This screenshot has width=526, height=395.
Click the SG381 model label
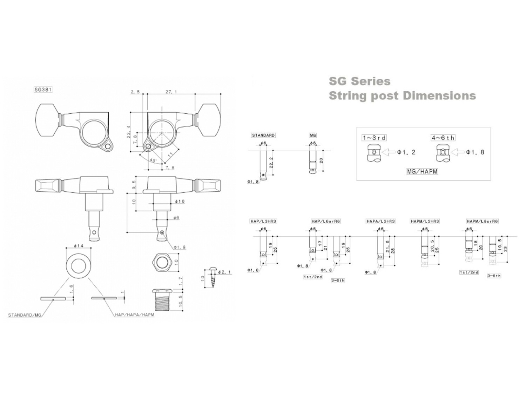pyautogui.click(x=43, y=90)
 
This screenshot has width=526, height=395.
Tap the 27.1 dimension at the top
pyautogui.click(x=171, y=92)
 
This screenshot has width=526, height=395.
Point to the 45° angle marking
pyautogui.click(x=153, y=160)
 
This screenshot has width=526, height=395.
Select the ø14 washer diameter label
pyautogui.click(x=78, y=246)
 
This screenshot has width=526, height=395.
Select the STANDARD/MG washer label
pyautogui.click(x=25, y=315)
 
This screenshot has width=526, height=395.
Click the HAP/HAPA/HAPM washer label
pyautogui.click(x=134, y=315)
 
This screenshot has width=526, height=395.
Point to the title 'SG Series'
pyautogui.click(x=359, y=81)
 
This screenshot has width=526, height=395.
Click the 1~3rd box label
pyautogui.click(x=374, y=138)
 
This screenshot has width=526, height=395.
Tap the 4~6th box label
pyautogui.click(x=443, y=138)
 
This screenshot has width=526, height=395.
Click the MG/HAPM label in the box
pyautogui.click(x=422, y=172)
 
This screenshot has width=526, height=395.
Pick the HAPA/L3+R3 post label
pyautogui.click(x=380, y=221)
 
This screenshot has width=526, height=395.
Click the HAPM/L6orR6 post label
pyautogui.click(x=482, y=221)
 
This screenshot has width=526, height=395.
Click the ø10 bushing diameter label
pyautogui.click(x=180, y=202)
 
